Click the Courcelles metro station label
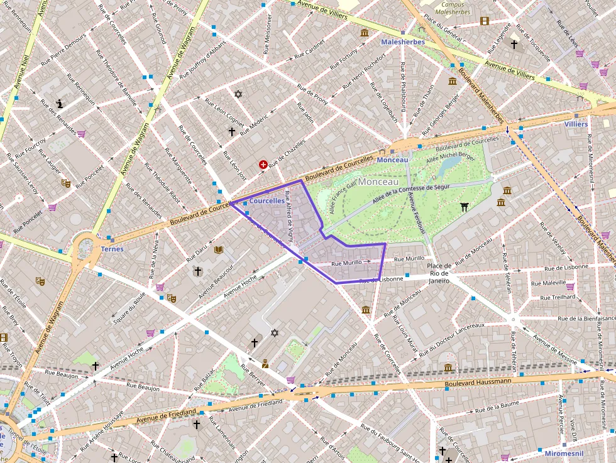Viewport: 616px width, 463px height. point(267,201)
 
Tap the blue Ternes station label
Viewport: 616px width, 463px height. point(112,249)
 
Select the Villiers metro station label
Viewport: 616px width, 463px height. point(576,124)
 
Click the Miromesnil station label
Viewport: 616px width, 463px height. point(564,453)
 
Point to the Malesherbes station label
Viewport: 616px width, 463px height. point(403,42)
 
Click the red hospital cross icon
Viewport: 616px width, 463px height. point(263,165)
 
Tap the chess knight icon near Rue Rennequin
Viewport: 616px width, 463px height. point(60,104)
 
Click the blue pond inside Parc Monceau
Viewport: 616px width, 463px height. point(450,165)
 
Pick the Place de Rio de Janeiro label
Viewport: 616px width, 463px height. point(439,273)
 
